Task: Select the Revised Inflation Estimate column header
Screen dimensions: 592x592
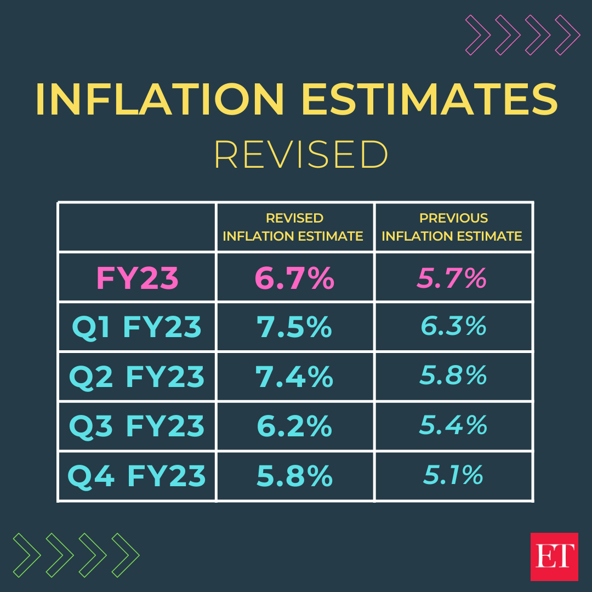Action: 293,227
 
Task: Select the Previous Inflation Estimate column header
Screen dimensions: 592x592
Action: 452,227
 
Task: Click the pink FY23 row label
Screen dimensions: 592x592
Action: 137,278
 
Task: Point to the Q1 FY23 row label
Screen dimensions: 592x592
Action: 137,327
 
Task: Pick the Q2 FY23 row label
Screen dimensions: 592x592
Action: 137,377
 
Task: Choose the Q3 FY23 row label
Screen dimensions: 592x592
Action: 137,426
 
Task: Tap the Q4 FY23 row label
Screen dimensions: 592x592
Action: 137,476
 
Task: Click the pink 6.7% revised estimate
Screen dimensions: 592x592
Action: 294,278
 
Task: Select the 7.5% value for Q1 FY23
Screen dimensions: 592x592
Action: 294,327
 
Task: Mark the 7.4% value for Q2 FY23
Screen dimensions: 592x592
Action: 294,377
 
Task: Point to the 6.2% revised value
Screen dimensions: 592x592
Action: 294,426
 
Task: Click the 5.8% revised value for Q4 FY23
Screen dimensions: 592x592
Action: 294,476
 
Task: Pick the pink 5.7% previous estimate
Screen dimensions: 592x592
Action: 452,278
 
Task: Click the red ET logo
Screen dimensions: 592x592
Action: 554,556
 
